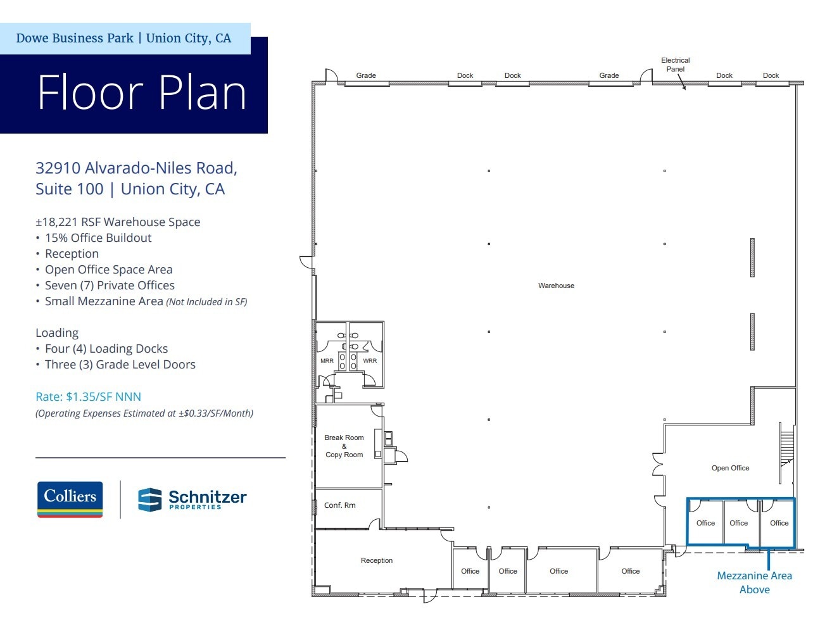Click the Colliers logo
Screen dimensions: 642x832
pos(70,499)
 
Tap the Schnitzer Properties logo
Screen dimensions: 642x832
pos(192,499)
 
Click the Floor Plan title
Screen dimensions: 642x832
pos(142,92)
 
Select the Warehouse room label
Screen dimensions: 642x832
pos(556,286)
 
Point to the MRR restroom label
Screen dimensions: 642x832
pos(327,361)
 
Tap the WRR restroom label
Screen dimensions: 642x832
pos(370,361)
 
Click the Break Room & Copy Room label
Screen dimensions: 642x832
pos(344,446)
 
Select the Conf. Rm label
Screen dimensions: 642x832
pos(340,505)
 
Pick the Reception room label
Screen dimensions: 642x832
pos(377,560)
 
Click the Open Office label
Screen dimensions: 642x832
pos(730,468)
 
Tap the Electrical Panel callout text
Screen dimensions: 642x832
pos(675,65)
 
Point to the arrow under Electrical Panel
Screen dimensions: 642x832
pos(682,83)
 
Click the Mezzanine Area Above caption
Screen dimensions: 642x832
pos(754,582)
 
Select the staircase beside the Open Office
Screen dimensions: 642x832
pos(786,450)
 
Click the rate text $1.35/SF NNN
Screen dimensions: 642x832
pos(88,397)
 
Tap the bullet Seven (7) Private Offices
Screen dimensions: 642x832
pos(109,286)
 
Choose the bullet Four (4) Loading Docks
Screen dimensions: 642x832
pos(106,349)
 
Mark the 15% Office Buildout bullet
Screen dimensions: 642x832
pos(98,238)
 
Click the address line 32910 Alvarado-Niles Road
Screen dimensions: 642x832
pos(136,168)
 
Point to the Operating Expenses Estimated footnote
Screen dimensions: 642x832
pos(144,413)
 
